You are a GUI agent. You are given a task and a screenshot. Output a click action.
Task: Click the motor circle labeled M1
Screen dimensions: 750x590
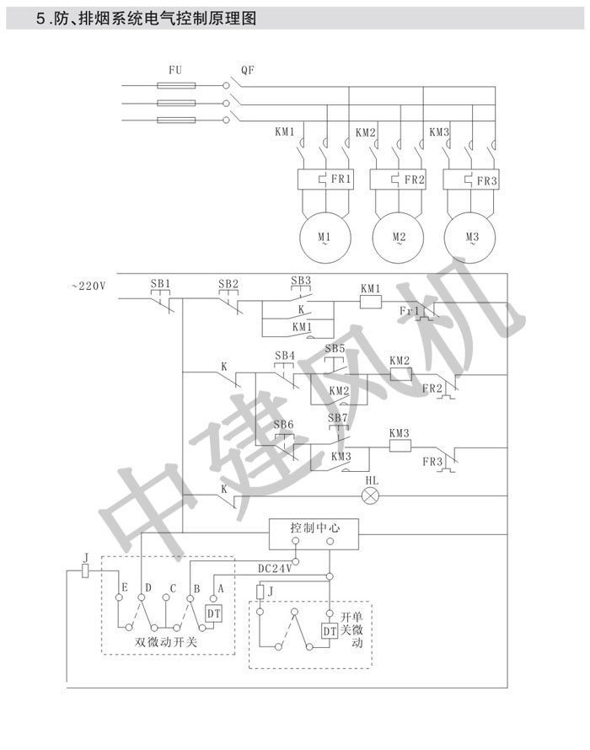click(324, 237)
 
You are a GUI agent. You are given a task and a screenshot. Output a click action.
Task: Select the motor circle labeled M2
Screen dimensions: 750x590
click(398, 237)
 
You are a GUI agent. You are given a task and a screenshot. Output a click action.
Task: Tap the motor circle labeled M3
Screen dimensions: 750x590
click(472, 237)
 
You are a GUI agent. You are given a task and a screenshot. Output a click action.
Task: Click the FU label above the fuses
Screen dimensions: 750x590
click(175, 71)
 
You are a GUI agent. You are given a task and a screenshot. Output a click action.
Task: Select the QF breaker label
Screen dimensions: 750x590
click(248, 71)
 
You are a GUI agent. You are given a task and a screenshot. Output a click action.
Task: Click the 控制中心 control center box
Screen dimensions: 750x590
click(314, 528)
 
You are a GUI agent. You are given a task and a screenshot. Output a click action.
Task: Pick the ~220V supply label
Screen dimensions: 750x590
click(88, 287)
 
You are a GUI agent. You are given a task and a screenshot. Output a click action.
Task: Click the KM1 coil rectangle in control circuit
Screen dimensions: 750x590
click(371, 302)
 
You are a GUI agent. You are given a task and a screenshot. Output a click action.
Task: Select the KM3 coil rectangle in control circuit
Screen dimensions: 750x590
click(399, 447)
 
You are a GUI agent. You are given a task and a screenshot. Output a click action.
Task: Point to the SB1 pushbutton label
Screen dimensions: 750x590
click(160, 283)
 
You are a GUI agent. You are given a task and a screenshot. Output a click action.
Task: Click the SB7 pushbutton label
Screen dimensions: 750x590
click(337, 418)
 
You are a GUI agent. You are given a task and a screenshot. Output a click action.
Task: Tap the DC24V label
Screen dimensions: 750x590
click(274, 569)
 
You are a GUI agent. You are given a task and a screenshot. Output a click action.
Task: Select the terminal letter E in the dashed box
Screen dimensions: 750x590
click(125, 587)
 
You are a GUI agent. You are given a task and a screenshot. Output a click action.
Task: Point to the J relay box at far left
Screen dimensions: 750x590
click(86, 571)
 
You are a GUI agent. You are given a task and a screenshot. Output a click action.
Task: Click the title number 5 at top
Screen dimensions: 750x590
click(39, 18)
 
